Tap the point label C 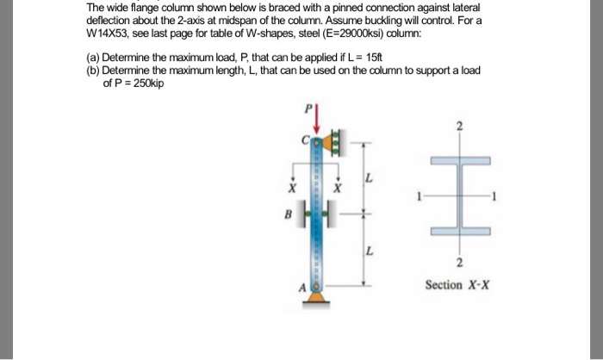(304, 140)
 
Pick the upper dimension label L (370, 179)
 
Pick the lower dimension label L (370, 251)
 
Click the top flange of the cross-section (459, 160)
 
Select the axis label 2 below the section (459, 263)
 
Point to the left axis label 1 (419, 196)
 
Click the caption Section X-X (457, 284)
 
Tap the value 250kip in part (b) (144, 84)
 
